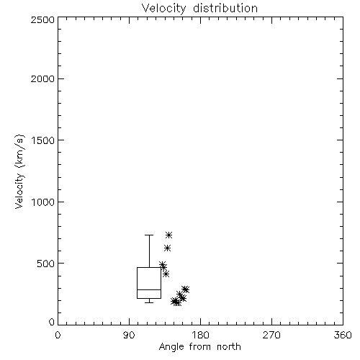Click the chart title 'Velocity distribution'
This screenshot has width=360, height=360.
(x=199, y=9)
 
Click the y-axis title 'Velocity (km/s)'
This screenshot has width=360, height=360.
(x=19, y=171)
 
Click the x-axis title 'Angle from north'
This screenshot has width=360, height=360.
(x=199, y=347)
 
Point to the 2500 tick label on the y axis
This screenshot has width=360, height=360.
(x=42, y=19)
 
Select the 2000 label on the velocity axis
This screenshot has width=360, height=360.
(x=42, y=78)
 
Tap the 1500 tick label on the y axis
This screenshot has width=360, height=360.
(x=43, y=140)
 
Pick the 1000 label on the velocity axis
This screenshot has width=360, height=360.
(x=43, y=202)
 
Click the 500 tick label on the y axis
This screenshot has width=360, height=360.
(x=46, y=264)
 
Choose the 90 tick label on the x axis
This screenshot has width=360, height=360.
(x=129, y=335)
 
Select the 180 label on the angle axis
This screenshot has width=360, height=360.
(x=200, y=335)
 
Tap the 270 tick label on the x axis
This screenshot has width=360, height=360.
(x=271, y=335)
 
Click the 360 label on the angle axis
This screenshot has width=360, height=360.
(x=343, y=335)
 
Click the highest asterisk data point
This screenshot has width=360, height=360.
(x=169, y=235)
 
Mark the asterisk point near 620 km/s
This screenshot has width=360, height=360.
(x=168, y=248)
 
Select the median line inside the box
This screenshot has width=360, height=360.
(x=149, y=289)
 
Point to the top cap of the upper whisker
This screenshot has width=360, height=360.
(x=149, y=235)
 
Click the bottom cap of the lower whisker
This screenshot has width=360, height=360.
(x=149, y=302)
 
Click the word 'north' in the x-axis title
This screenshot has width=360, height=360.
(x=229, y=347)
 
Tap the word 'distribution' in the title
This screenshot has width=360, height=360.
(x=225, y=9)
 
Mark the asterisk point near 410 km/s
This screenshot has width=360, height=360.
(x=166, y=274)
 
